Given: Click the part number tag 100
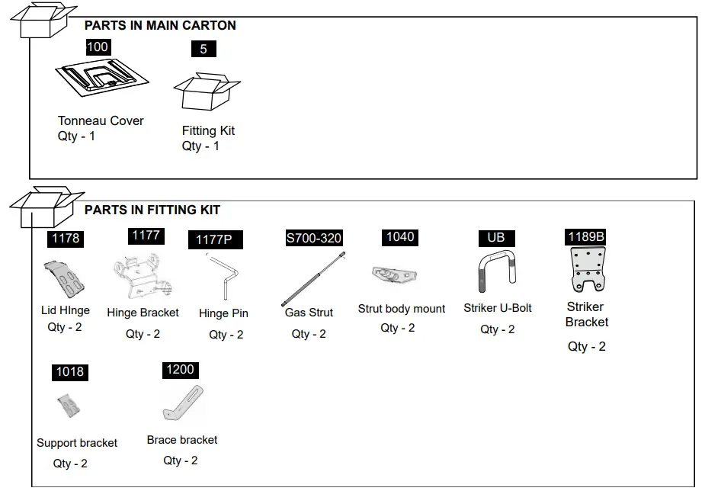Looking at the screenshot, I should coord(98,47).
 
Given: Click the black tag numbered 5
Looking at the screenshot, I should coord(203,49).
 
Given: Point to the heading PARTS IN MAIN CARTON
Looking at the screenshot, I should coord(160,25).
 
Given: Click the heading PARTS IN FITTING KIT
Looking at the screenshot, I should coord(152,210).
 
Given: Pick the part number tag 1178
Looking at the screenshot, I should coord(66,239).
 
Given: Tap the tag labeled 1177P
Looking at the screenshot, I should coord(214,240).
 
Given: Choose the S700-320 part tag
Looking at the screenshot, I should coord(313,239).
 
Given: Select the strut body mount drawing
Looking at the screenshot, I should coord(394,275).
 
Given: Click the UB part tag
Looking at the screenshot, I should coord(496,238).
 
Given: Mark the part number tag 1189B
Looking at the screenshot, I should coord(586,236).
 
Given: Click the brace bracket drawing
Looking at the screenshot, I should coord(184,404).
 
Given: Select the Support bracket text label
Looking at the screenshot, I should coord(77,443).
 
